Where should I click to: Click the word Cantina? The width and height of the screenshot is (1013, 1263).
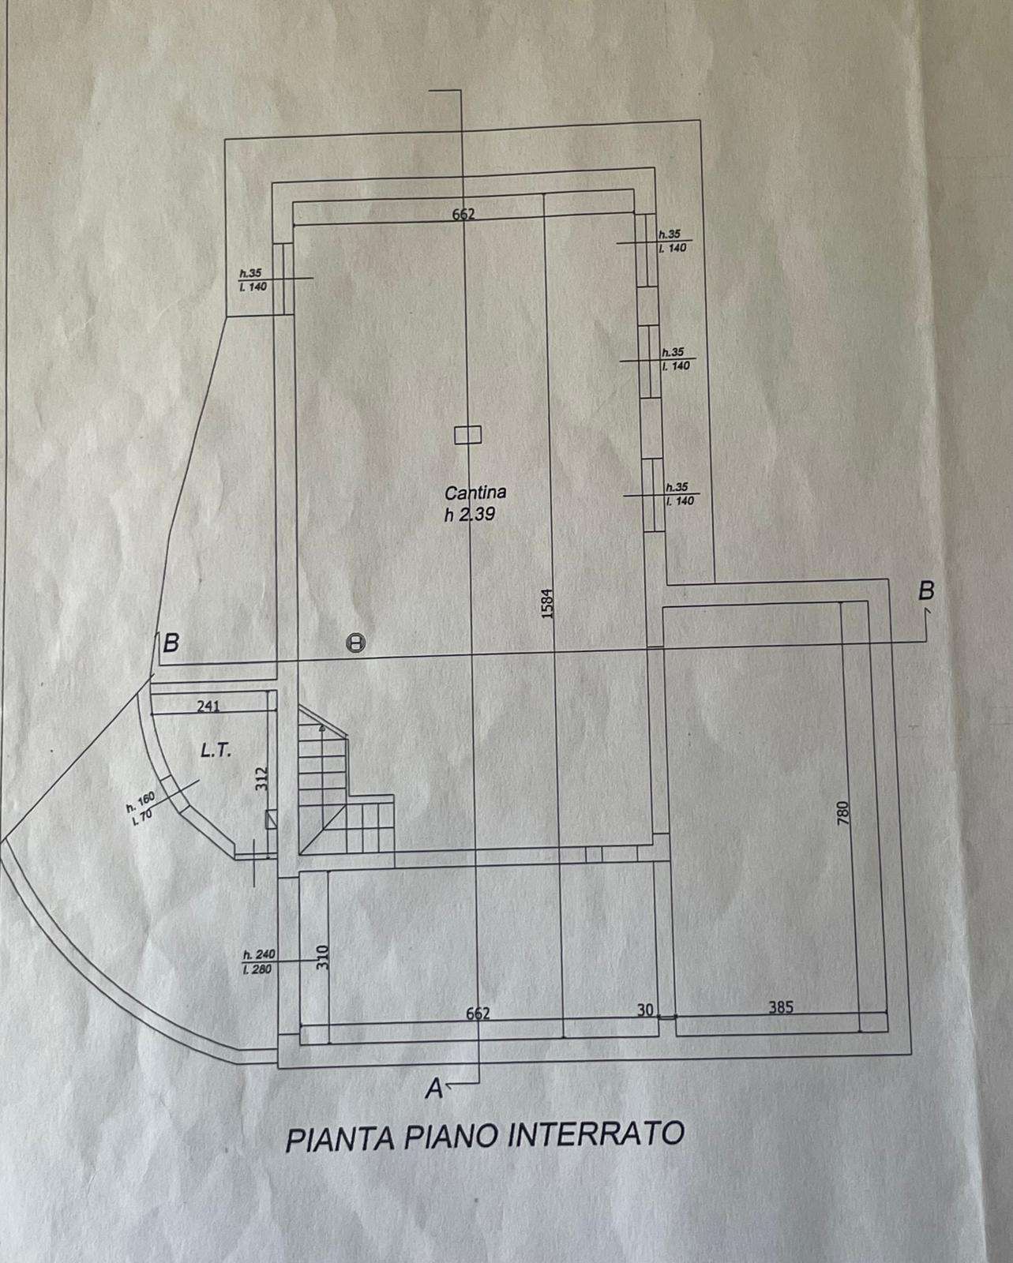click(x=475, y=493)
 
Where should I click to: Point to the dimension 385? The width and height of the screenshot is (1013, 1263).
click(x=779, y=1007)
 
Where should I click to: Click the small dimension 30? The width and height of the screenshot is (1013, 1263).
click(x=646, y=1010)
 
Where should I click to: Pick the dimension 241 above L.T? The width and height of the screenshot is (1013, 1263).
click(x=208, y=706)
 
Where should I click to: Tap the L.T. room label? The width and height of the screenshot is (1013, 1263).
click(x=216, y=751)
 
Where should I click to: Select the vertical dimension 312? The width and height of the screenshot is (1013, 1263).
click(x=264, y=779)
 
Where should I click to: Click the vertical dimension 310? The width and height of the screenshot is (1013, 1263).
click(x=322, y=958)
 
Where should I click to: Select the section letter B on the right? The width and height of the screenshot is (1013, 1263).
click(x=928, y=590)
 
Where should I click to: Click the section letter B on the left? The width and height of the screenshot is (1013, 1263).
click(x=170, y=643)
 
